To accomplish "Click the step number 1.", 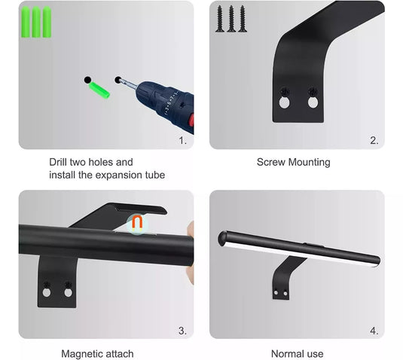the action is pyautogui.click(x=182, y=140).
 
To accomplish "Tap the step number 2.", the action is pyautogui.click(x=374, y=140).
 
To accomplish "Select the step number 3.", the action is pyautogui.click(x=182, y=331).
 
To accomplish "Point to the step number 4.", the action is pyautogui.click(x=374, y=331).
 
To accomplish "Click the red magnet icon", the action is pyautogui.click(x=137, y=224).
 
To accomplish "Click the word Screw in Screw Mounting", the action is pyautogui.click(x=271, y=162).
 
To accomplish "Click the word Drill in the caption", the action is pyautogui.click(x=58, y=162).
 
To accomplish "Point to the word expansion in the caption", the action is pyautogui.click(x=119, y=175).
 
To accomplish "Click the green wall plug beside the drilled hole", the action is pyautogui.click(x=99, y=90).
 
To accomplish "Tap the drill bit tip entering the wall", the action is pyautogui.click(x=119, y=81).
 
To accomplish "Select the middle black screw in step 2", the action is pyautogui.click(x=231, y=19).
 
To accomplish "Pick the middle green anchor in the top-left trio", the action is pyautogui.click(x=36, y=22).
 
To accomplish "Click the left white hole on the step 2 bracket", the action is pyautogui.click(x=284, y=102).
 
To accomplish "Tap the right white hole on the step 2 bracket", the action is pyautogui.click(x=313, y=102).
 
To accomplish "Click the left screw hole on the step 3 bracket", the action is pyautogui.click(x=47, y=292).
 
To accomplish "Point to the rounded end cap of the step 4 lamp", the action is pyautogui.click(x=222, y=239).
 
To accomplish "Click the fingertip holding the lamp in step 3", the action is pyautogui.click(x=191, y=229).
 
